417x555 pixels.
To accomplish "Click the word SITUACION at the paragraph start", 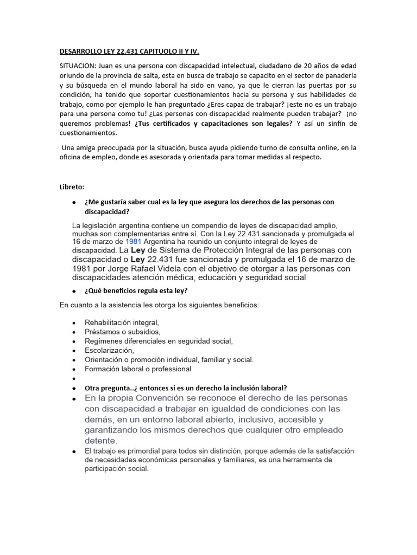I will tap(76, 66).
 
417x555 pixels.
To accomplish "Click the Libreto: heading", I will tap(72, 187).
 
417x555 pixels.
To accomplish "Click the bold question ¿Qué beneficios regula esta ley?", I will tap(136, 290).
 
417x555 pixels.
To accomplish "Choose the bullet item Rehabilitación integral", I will tap(122, 322).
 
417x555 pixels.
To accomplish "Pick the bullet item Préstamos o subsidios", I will tap(122, 332).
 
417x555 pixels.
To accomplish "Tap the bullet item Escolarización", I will tap(109, 350).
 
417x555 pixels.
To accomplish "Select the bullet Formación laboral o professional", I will tap(138, 369).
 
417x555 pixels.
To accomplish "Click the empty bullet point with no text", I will tap(73, 378).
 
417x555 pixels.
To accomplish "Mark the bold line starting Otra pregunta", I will tap(186, 388).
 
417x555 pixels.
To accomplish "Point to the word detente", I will tap(101, 441).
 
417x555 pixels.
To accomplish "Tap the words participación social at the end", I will tap(116, 469).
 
